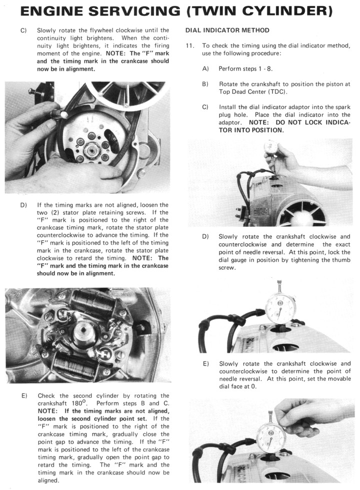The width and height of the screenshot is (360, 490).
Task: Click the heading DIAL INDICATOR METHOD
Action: point(227,30)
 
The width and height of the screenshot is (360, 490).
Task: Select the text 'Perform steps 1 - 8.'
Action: point(245,68)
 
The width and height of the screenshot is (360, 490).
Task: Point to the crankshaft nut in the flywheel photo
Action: point(92,149)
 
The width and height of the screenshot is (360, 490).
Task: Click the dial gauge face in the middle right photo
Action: point(278,304)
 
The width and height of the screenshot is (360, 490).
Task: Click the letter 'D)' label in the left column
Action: point(23,205)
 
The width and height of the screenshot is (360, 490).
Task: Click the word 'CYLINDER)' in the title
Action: point(296,11)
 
